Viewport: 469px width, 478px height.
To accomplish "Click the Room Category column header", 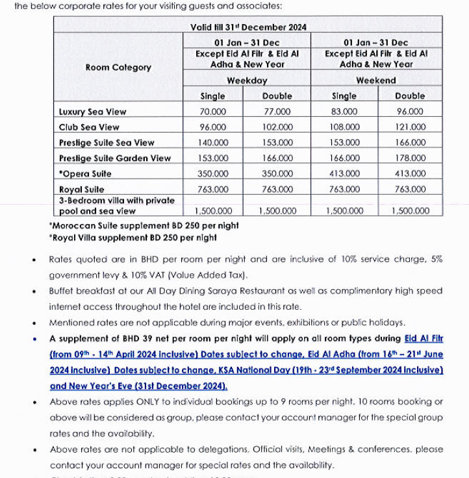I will [x=118, y=68].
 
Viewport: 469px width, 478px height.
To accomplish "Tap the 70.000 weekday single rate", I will [x=213, y=112].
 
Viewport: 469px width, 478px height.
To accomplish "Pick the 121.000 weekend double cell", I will [x=410, y=127].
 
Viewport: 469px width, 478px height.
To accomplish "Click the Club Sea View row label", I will [x=89, y=127].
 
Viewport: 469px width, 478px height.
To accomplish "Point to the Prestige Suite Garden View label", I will [x=115, y=158].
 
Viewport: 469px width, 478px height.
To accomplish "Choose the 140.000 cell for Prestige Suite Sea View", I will [x=213, y=143].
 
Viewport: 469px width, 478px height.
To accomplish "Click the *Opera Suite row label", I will [x=85, y=174].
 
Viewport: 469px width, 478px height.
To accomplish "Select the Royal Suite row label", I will [x=81, y=190].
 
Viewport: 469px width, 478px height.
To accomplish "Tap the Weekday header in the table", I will [x=247, y=81].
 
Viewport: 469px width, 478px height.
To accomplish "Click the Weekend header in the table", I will [x=376, y=81].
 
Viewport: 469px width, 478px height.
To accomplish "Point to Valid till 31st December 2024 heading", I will [x=248, y=27].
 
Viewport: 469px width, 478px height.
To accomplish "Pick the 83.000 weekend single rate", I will [x=344, y=112].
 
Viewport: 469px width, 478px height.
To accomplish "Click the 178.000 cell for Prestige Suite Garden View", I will [x=410, y=158].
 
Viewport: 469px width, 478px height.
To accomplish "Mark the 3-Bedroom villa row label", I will [x=117, y=205].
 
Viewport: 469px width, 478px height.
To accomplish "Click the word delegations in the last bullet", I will [x=215, y=449].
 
